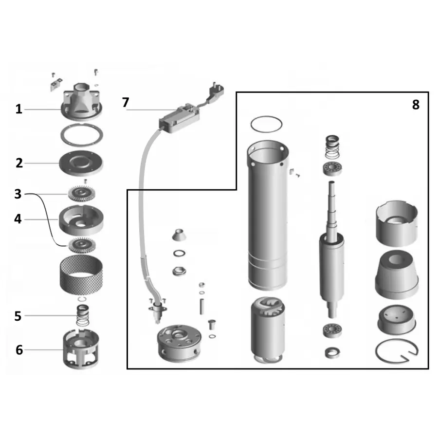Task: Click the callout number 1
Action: pyautogui.click(x=18, y=109)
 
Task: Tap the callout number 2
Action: pyautogui.click(x=19, y=163)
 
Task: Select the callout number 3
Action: pyautogui.click(x=18, y=194)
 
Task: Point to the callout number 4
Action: pyautogui.click(x=18, y=219)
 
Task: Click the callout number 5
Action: pyautogui.click(x=18, y=316)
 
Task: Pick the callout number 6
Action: pyautogui.click(x=19, y=350)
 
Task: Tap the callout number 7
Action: pyautogui.click(x=126, y=102)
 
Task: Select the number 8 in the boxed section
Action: pyautogui.click(x=416, y=105)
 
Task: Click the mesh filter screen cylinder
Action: pyautogui.click(x=81, y=274)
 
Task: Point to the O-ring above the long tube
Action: pyautogui.click(x=267, y=124)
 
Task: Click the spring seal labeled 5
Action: pyautogui.click(x=82, y=315)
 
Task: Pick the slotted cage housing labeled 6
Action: pyautogui.click(x=81, y=349)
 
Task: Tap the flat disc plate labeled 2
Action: pyautogui.click(x=81, y=164)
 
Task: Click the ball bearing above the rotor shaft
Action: pyautogui.click(x=332, y=168)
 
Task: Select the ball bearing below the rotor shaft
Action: pyautogui.click(x=332, y=330)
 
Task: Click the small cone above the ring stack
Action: pyautogui.click(x=179, y=235)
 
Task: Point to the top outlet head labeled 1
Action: pyautogui.click(x=81, y=101)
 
